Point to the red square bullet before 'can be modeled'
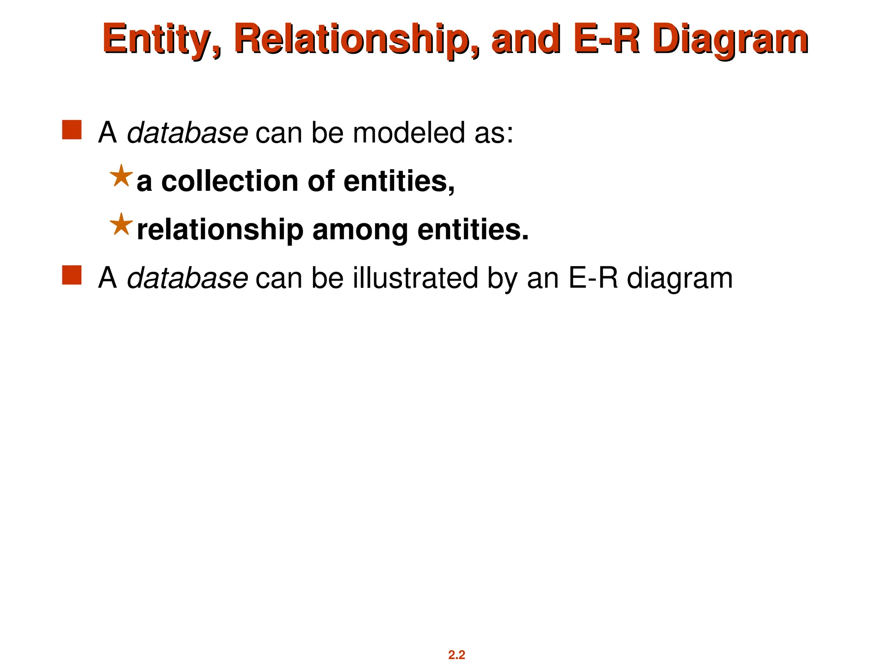pos(72,130)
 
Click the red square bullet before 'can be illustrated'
pos(72,275)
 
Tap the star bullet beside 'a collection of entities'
pos(121,176)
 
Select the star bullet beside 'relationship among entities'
pos(121,225)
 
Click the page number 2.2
pos(457,655)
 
